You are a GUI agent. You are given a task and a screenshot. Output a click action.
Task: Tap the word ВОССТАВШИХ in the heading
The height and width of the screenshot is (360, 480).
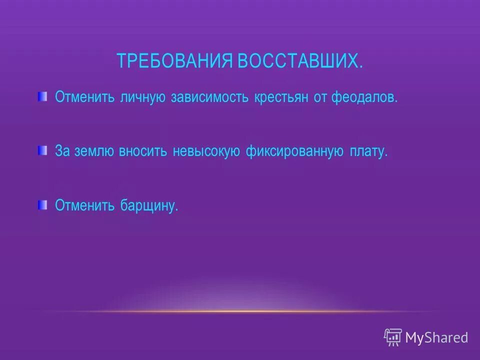[299, 61]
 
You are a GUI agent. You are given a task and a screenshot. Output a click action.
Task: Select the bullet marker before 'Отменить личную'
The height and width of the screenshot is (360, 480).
[42, 95]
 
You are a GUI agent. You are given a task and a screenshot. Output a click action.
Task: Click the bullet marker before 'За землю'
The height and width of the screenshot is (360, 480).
[42, 150]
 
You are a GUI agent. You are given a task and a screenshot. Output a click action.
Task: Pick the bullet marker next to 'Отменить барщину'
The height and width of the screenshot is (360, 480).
[42, 204]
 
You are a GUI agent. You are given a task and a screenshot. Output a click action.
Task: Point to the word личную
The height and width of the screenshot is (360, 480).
[142, 97]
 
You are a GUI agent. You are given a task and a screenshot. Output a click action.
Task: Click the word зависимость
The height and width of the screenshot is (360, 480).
[210, 97]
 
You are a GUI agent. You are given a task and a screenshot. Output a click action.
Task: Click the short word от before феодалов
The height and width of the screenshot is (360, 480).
[320, 97]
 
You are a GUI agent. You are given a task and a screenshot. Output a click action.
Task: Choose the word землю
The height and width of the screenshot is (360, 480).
[93, 151]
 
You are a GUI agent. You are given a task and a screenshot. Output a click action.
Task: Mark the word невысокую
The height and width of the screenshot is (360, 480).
[207, 151]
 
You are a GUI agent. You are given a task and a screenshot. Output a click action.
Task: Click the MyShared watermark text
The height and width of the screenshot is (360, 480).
[436, 338]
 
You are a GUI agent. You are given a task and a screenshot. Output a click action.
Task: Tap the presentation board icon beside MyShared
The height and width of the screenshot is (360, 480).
[393, 337]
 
